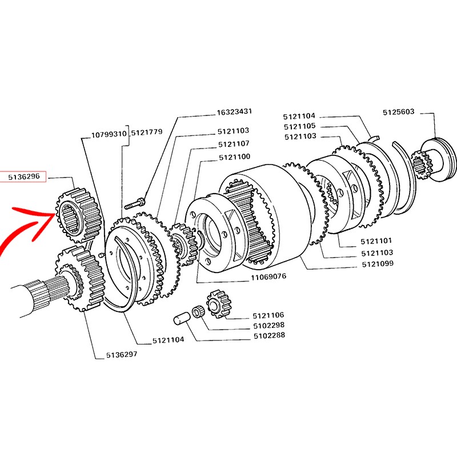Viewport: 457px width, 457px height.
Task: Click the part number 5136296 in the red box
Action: (x=24, y=177)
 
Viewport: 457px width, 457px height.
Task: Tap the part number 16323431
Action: (x=234, y=112)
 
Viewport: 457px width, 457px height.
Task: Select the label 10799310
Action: (x=109, y=135)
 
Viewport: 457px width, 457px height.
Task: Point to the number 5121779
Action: (x=147, y=133)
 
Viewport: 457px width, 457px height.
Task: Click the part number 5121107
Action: (x=234, y=144)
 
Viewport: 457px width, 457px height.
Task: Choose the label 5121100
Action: (x=235, y=157)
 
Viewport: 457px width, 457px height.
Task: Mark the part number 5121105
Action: (x=299, y=126)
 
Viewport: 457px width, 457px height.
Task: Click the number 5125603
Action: (x=398, y=112)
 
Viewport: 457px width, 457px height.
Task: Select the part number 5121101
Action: (x=376, y=241)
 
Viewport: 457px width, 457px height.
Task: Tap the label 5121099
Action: (x=378, y=264)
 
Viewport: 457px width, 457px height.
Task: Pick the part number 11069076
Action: (x=268, y=276)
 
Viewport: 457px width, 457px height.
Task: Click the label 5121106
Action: (x=268, y=315)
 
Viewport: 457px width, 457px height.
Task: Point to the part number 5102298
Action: (x=268, y=326)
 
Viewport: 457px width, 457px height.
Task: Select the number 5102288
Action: (x=269, y=336)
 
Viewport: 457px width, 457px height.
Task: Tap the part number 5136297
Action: (x=122, y=355)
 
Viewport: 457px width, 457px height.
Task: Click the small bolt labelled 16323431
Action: (x=135, y=203)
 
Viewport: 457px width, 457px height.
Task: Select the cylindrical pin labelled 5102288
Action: (x=182, y=318)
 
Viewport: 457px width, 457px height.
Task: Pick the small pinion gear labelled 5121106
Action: (x=219, y=304)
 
